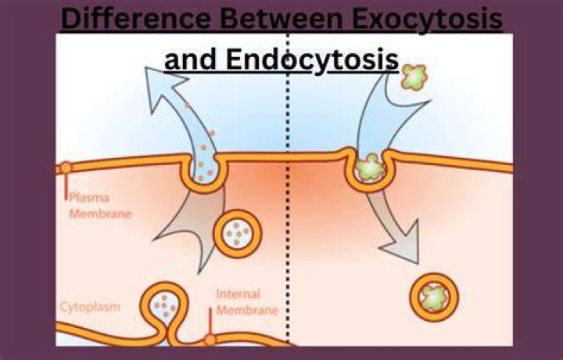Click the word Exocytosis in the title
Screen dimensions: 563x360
coord(427,20)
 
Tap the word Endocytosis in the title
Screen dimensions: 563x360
coord(312,60)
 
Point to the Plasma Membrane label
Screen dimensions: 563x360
coord(100,206)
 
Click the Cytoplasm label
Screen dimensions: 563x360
coord(90,308)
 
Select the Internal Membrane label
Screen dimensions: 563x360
coord(247,302)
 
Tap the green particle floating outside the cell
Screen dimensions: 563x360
coord(414,77)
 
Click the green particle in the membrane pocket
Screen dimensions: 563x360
coord(370,167)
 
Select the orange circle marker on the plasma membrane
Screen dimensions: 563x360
coord(66,168)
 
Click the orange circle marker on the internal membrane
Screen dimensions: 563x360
coord(210,340)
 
